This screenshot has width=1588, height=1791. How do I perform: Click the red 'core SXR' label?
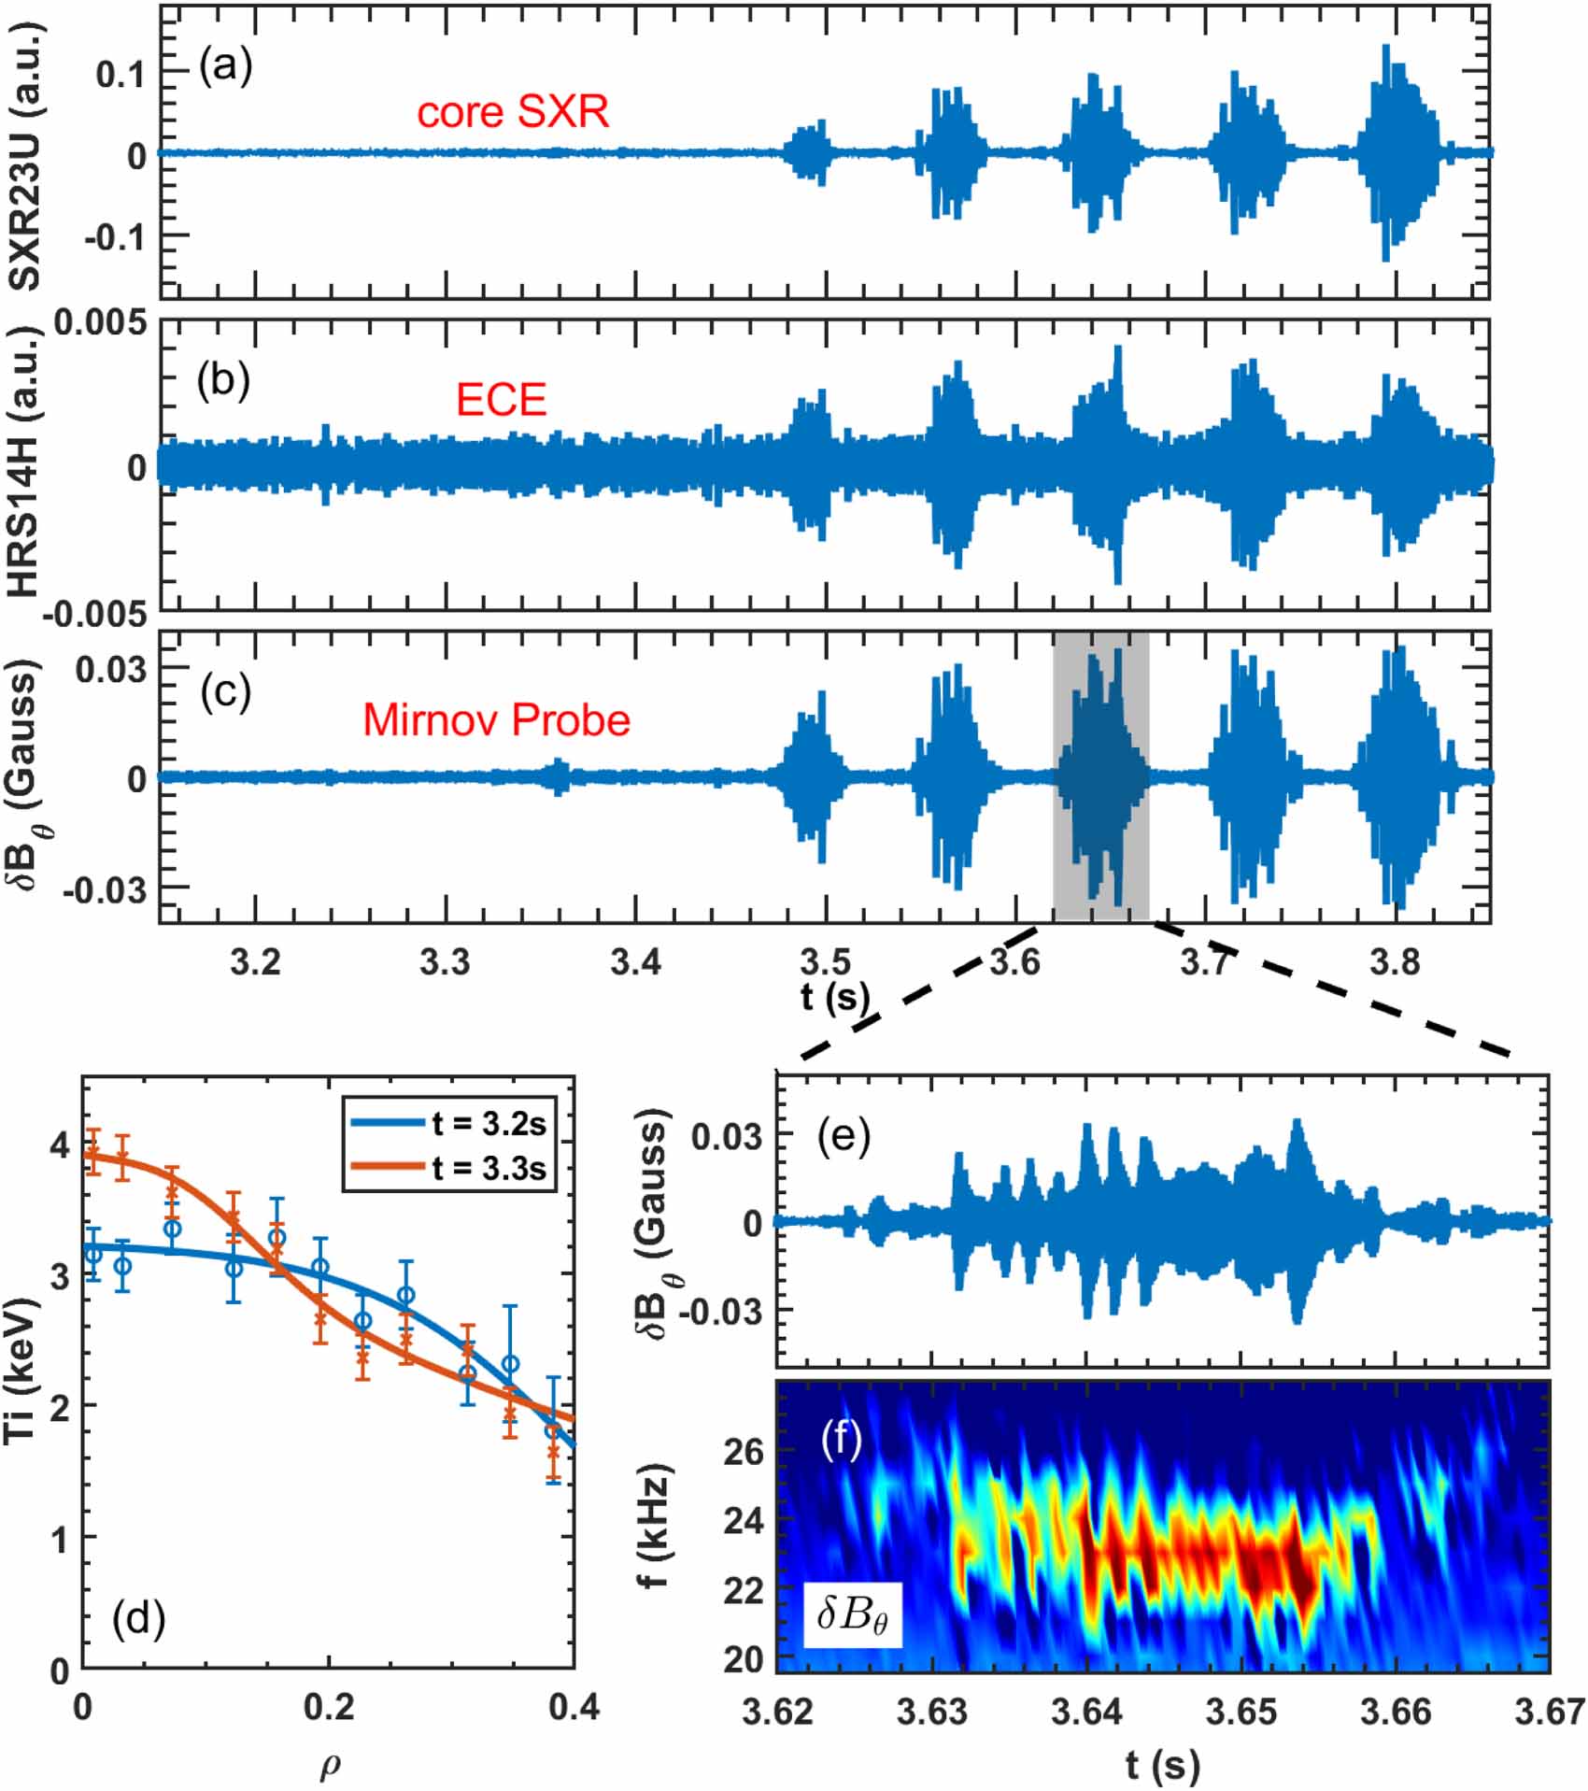(513, 112)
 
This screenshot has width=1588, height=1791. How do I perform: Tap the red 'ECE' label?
(501, 400)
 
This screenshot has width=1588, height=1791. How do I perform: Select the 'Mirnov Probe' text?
(496, 720)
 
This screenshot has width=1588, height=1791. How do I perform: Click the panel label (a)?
(225, 67)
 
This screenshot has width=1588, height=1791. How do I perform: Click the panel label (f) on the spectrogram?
(841, 1441)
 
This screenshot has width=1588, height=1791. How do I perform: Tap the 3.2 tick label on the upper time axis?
(255, 961)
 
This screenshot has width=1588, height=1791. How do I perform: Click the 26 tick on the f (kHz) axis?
(744, 1452)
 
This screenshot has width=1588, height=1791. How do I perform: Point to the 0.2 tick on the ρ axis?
(329, 1707)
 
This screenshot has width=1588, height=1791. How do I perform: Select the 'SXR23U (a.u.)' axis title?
(26, 154)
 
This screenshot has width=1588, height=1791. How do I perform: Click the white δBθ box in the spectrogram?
(853, 1613)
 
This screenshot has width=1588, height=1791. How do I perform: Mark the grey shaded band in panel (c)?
(1100, 775)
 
